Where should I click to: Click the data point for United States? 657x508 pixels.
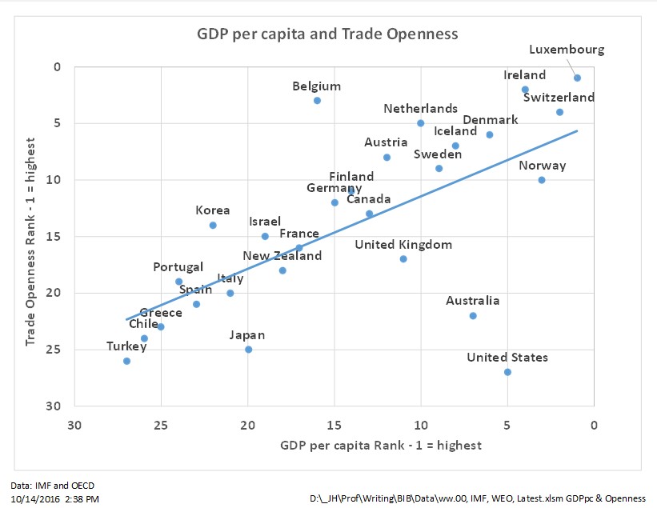[x=507, y=372]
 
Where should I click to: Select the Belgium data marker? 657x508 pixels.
[x=317, y=100]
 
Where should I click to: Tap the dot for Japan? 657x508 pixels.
[x=248, y=350]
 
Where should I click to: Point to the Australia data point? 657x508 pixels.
[x=473, y=315]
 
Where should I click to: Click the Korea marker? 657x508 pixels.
[x=213, y=225]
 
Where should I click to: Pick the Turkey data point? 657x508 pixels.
[x=126, y=361]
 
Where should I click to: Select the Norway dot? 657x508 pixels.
[x=542, y=180]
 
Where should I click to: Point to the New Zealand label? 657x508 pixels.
[x=282, y=256]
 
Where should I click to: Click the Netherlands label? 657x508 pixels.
[x=420, y=109]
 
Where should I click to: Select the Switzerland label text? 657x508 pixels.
[x=559, y=98]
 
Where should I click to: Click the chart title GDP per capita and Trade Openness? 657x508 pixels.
[x=328, y=35]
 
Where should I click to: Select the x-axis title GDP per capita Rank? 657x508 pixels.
[x=381, y=445]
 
